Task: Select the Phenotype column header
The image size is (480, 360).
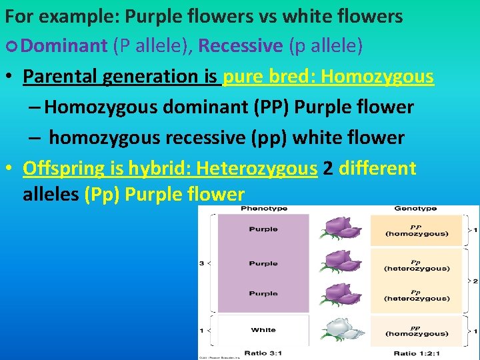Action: click(x=263, y=209)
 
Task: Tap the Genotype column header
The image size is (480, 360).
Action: click(x=416, y=209)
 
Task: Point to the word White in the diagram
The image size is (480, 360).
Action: click(x=263, y=330)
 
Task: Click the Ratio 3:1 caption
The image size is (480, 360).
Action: click(x=263, y=353)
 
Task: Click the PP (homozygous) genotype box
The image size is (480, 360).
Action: click(x=416, y=230)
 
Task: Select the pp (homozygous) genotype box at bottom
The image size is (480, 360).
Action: click(x=416, y=331)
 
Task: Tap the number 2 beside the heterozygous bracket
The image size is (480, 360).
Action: click(x=475, y=281)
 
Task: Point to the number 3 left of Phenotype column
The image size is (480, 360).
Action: click(x=202, y=263)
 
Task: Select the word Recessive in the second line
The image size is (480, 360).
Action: click(x=241, y=46)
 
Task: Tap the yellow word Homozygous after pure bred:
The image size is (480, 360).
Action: click(x=377, y=77)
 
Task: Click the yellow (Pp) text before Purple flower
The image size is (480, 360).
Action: click(x=101, y=195)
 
